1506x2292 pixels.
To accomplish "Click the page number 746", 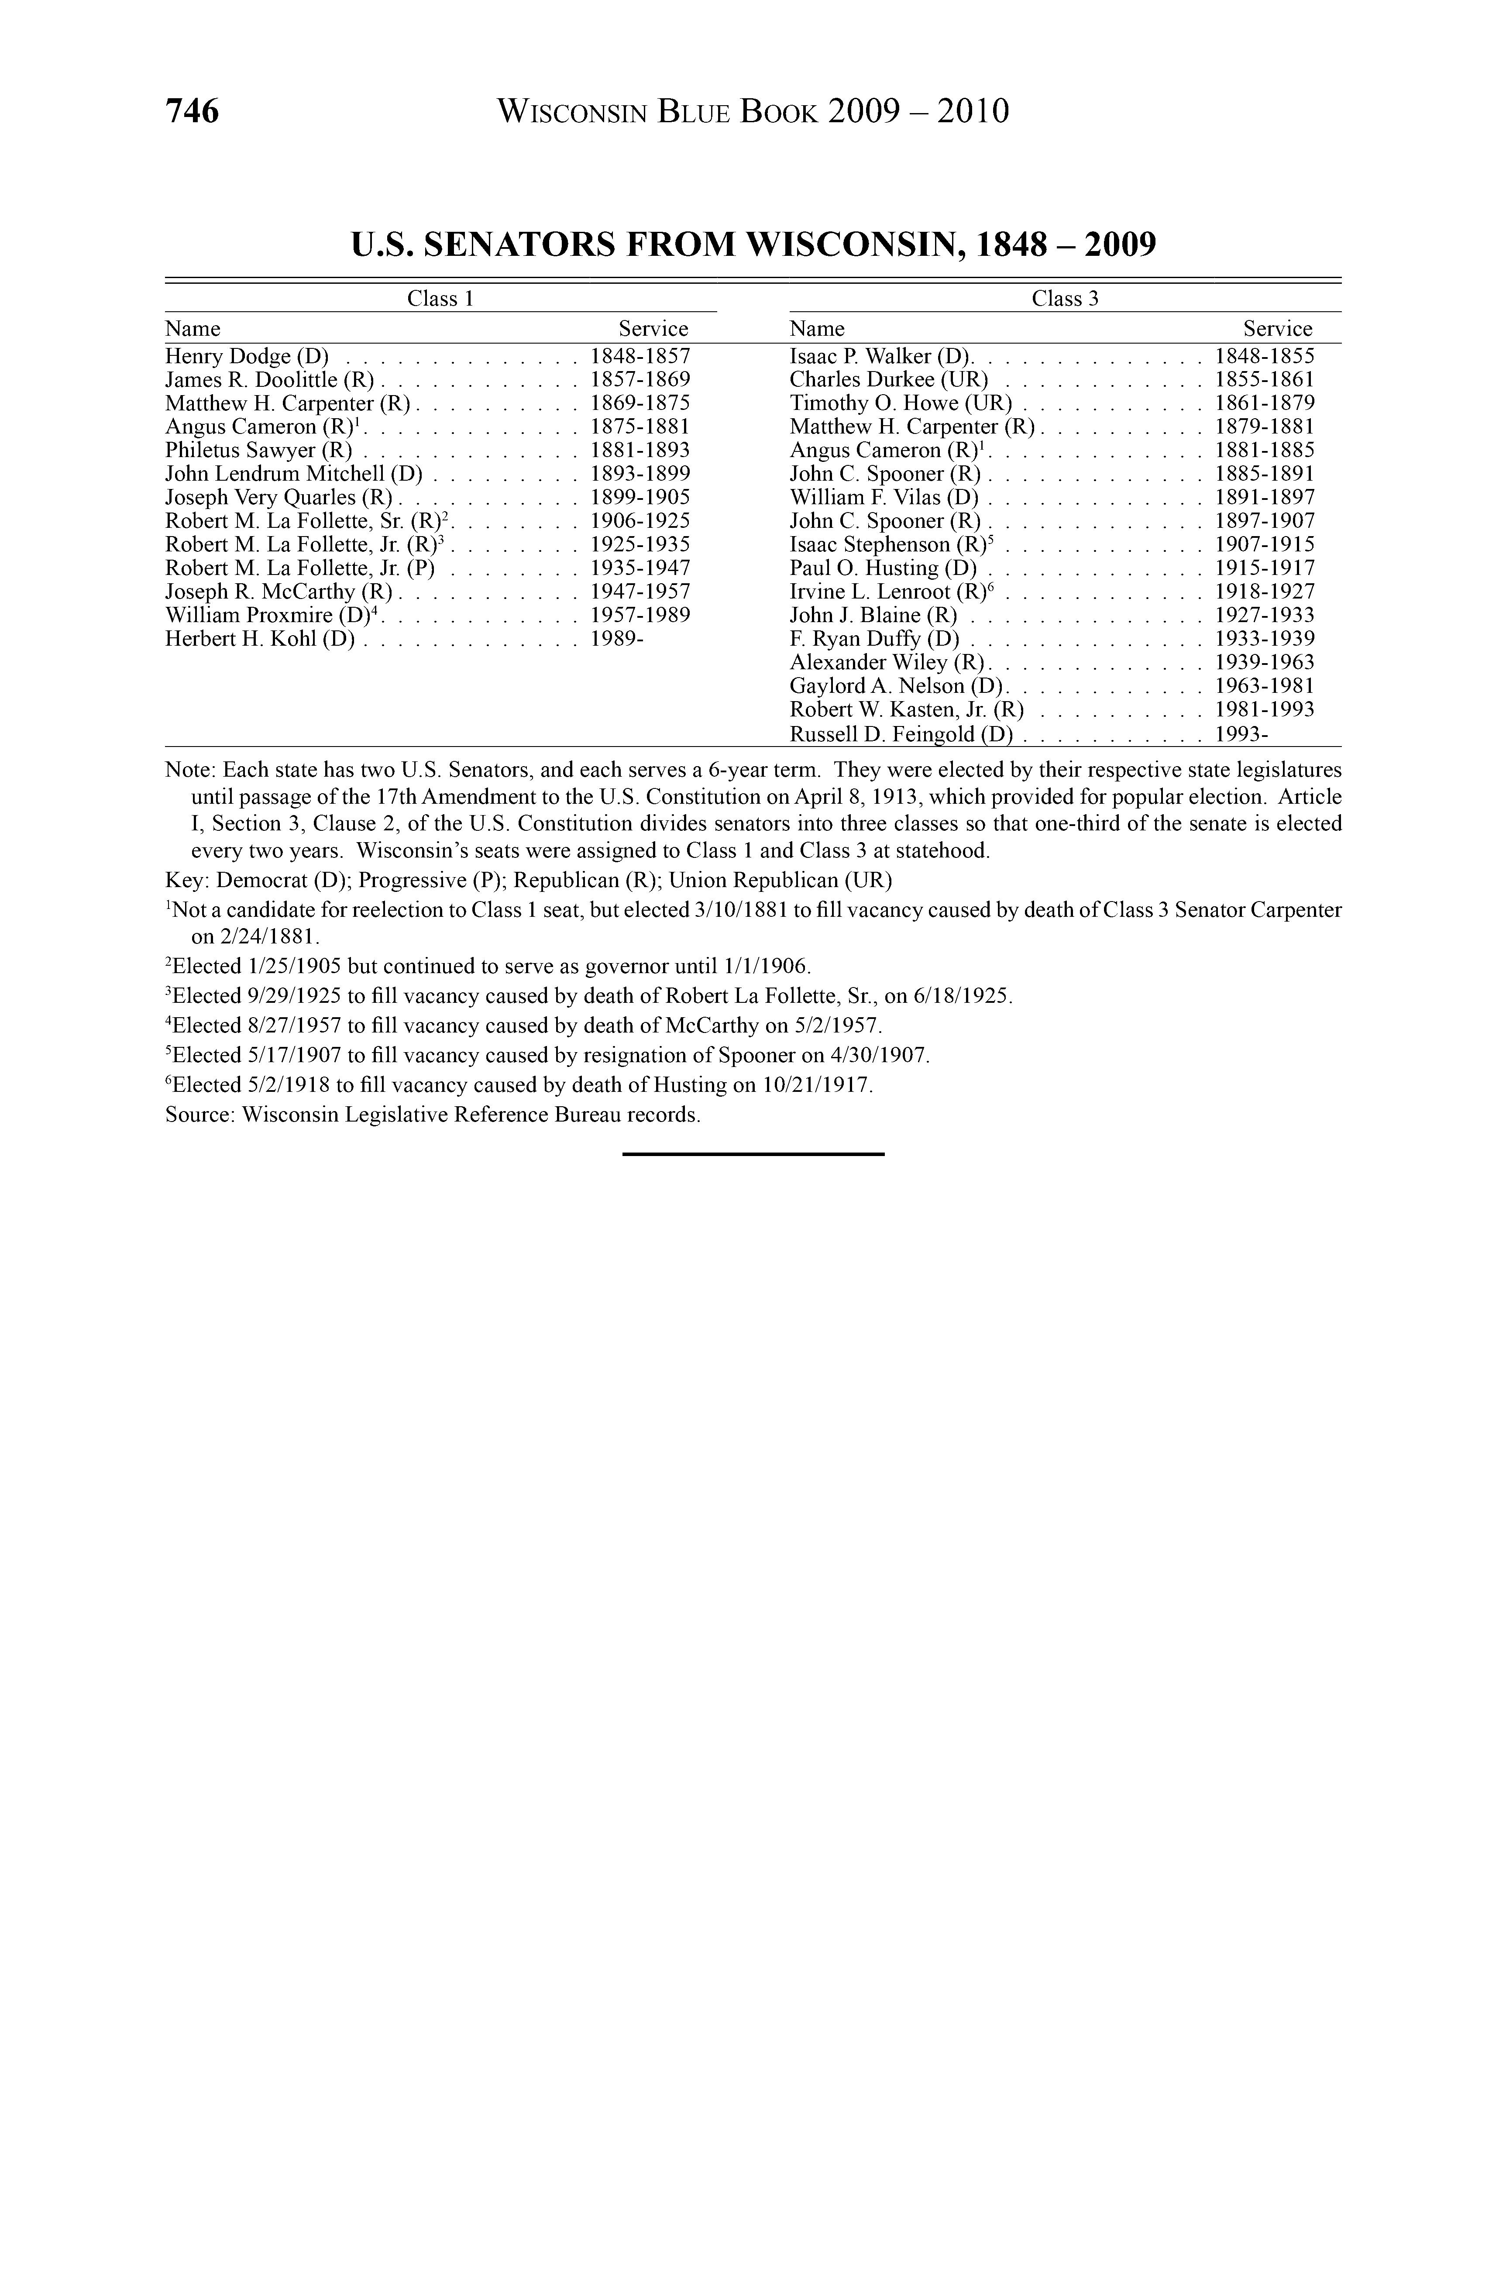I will (193, 112).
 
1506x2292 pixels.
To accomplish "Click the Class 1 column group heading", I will (440, 299).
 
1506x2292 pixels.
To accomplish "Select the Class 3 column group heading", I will (1065, 299).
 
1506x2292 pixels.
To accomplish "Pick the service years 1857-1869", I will (640, 379).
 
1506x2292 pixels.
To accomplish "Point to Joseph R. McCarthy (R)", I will (279, 591).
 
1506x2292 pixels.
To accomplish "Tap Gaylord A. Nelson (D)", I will (895, 686).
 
